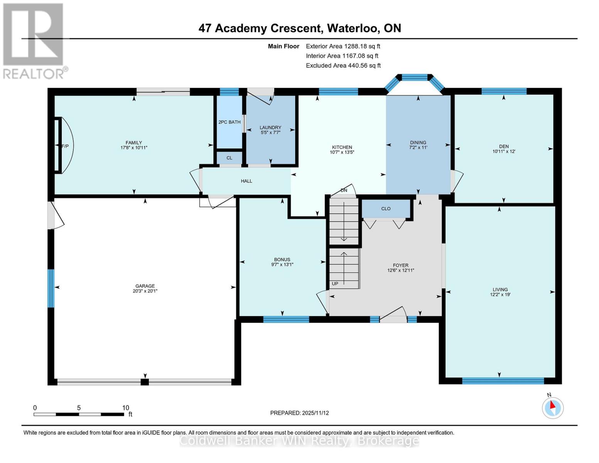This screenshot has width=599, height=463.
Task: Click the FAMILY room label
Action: (133, 142)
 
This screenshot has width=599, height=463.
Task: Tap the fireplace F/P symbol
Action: (65, 146)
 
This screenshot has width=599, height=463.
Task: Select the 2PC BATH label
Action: (229, 122)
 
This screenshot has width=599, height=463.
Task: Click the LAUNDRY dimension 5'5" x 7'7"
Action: (270, 133)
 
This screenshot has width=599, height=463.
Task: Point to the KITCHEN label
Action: (342, 147)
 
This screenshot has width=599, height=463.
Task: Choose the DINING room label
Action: (418, 142)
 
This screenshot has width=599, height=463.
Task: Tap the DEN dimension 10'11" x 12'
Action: (504, 151)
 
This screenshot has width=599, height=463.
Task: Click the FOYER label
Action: (400, 265)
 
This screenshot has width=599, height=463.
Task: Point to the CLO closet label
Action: (386, 208)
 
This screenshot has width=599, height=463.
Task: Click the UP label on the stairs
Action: (335, 284)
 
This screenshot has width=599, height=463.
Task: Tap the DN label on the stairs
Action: (344, 190)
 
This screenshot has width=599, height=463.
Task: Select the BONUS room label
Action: (282, 259)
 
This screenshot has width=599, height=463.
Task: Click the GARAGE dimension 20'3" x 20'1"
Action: (145, 291)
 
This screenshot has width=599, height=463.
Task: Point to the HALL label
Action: (246, 181)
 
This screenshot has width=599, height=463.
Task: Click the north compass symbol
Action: (553, 407)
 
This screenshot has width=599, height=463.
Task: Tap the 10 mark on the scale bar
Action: (125, 408)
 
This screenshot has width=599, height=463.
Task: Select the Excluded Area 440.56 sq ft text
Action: (343, 66)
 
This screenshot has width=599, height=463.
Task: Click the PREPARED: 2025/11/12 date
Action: (299, 413)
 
